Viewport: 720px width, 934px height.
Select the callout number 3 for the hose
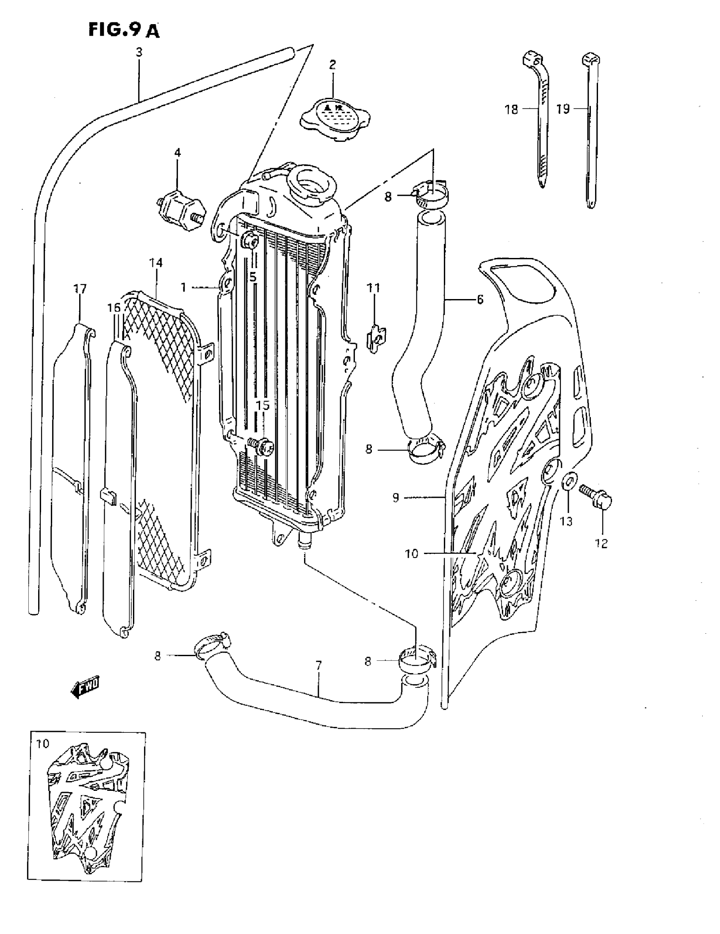(139, 53)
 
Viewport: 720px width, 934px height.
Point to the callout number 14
(156, 262)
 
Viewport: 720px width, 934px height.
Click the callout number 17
(80, 289)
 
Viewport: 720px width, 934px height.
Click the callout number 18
(511, 109)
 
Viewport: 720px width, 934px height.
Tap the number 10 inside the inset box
(43, 744)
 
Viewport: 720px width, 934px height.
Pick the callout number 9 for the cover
(396, 497)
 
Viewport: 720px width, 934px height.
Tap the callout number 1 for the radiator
(183, 287)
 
